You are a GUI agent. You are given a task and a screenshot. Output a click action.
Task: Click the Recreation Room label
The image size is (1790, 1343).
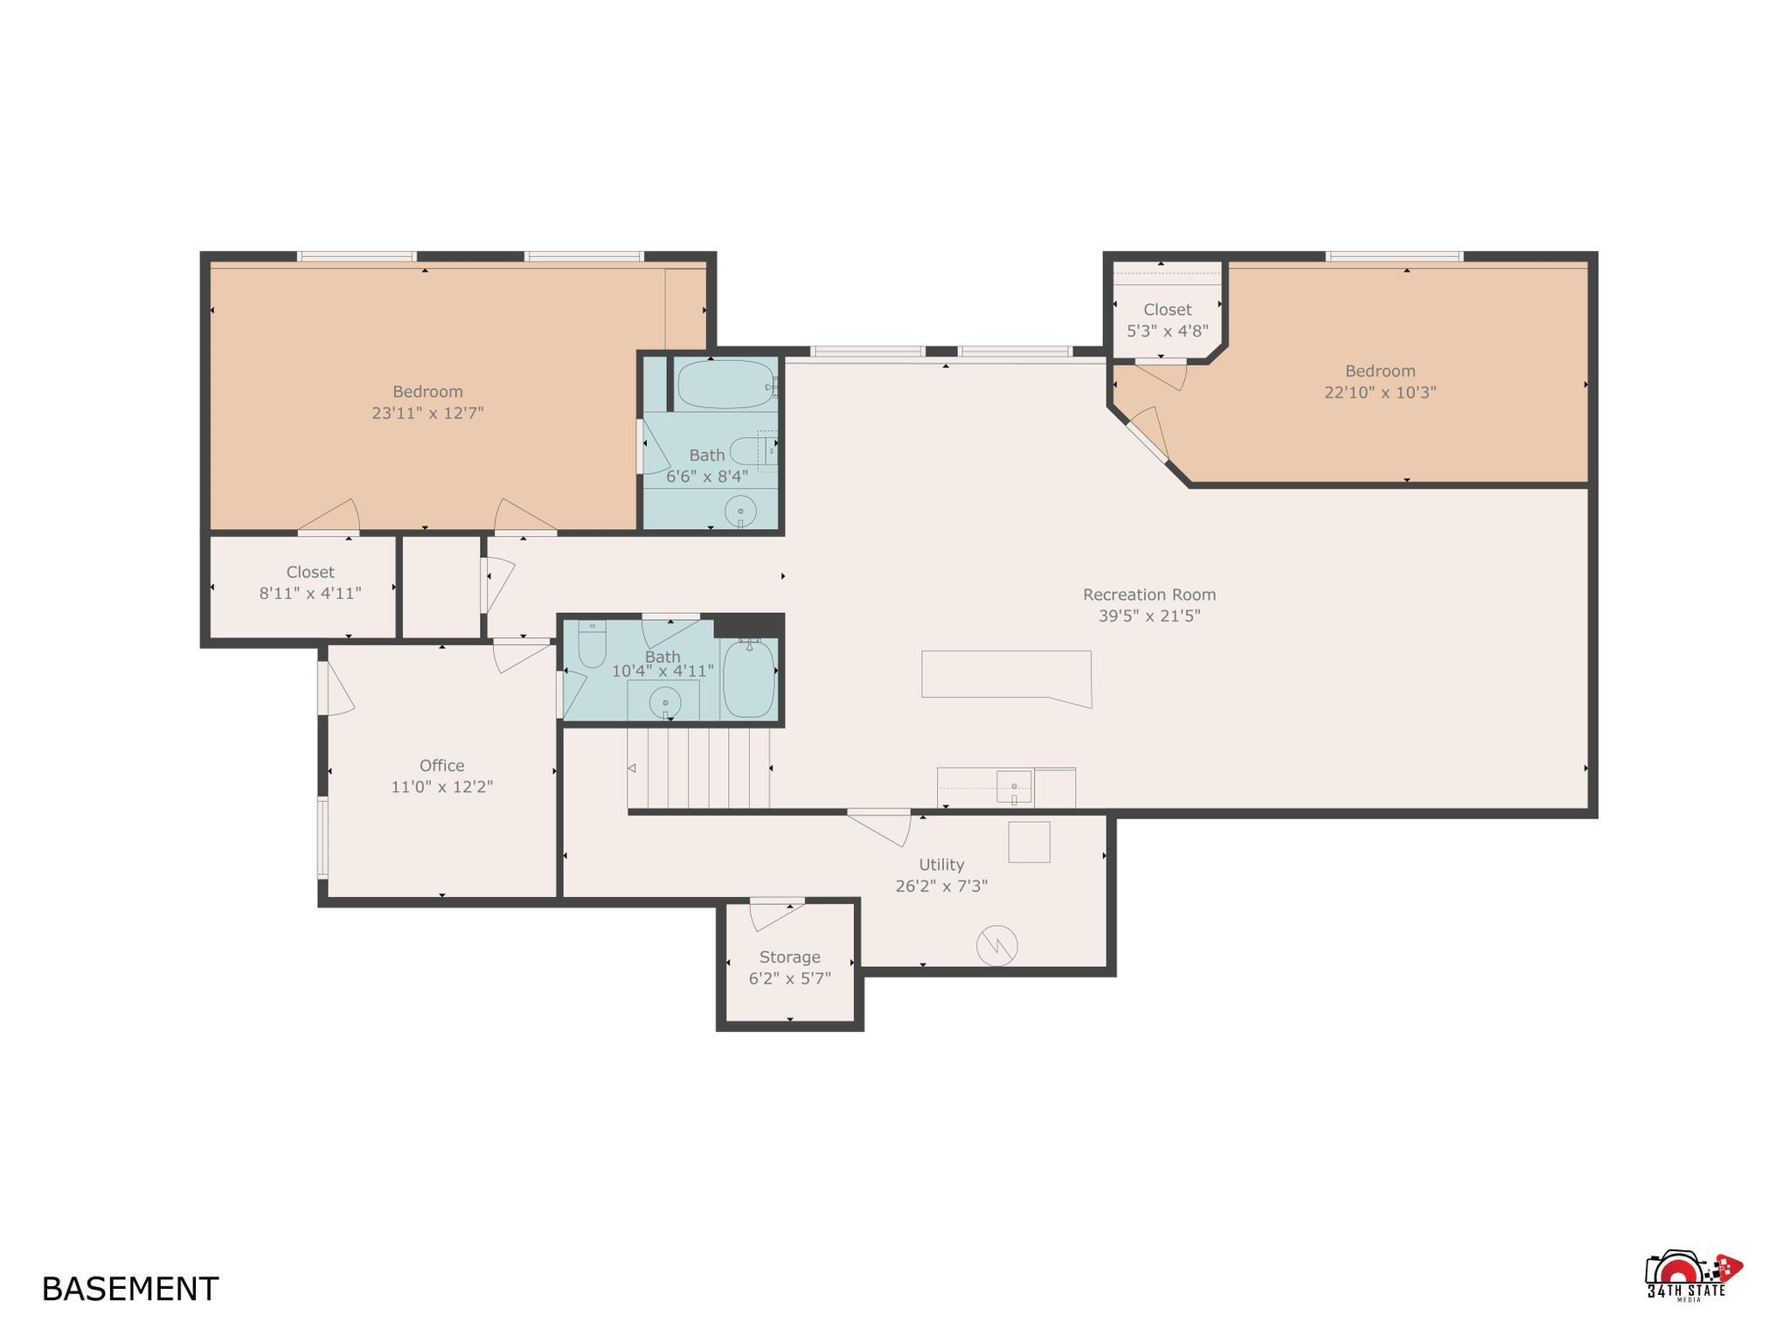1149,595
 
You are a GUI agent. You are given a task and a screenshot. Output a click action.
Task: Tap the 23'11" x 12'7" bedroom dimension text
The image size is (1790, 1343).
427,413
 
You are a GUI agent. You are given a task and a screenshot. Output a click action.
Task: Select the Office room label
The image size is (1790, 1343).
441,766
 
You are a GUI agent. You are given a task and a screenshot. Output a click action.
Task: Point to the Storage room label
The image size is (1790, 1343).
789,957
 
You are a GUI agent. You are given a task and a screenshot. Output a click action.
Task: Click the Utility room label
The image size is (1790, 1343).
941,865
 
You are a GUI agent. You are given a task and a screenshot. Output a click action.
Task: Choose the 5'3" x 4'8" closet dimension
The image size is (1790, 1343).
1167,331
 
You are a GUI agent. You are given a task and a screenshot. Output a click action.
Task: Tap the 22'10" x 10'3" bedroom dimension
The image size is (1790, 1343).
1380,393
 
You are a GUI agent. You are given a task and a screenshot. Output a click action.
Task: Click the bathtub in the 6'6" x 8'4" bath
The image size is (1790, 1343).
725,385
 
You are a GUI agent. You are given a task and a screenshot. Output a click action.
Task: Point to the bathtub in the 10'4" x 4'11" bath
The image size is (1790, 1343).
748,678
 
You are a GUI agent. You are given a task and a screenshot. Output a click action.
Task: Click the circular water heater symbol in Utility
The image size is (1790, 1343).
997,945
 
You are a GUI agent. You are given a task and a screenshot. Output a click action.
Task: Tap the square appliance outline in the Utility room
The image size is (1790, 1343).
1030,842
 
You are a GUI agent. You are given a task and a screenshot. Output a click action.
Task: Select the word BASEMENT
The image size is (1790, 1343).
130,1290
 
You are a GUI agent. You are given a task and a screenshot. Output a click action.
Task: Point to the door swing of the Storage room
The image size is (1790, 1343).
776,915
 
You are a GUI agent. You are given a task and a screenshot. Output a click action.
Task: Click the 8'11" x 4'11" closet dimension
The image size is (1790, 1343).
310,593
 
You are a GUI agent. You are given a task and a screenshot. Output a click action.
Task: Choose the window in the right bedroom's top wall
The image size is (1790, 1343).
1394,256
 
